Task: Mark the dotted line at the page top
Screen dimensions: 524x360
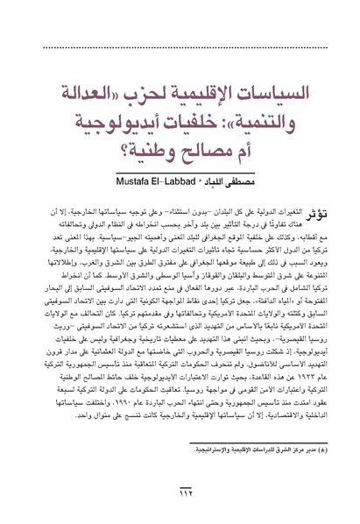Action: coord(180,27)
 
